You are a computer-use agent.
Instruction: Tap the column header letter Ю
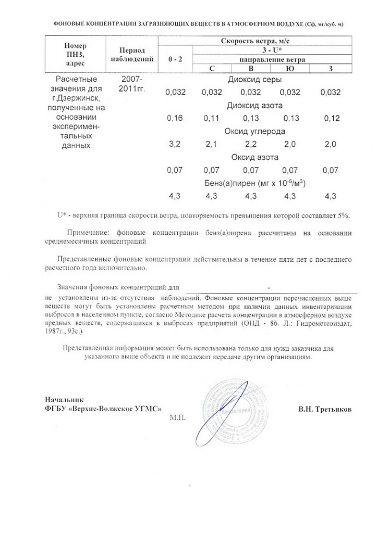[290, 68]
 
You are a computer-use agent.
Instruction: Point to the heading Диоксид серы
[255, 80]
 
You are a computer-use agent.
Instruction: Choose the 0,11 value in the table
[211, 119]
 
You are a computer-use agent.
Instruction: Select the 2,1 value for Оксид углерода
[211, 145]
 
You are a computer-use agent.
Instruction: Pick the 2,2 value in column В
[250, 145]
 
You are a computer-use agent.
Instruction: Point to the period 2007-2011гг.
[130, 83]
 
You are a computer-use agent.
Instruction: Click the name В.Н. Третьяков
[325, 409]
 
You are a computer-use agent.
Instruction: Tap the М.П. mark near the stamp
[177, 417]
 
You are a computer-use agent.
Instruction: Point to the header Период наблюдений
[131, 54]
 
